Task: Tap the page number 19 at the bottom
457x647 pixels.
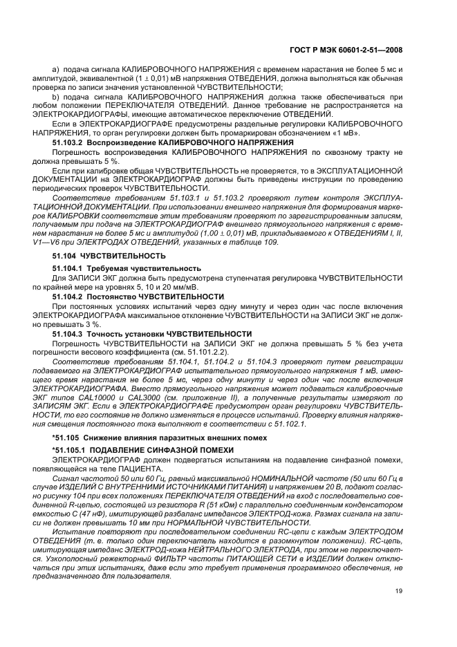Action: pyautogui.click(x=399, y=590)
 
